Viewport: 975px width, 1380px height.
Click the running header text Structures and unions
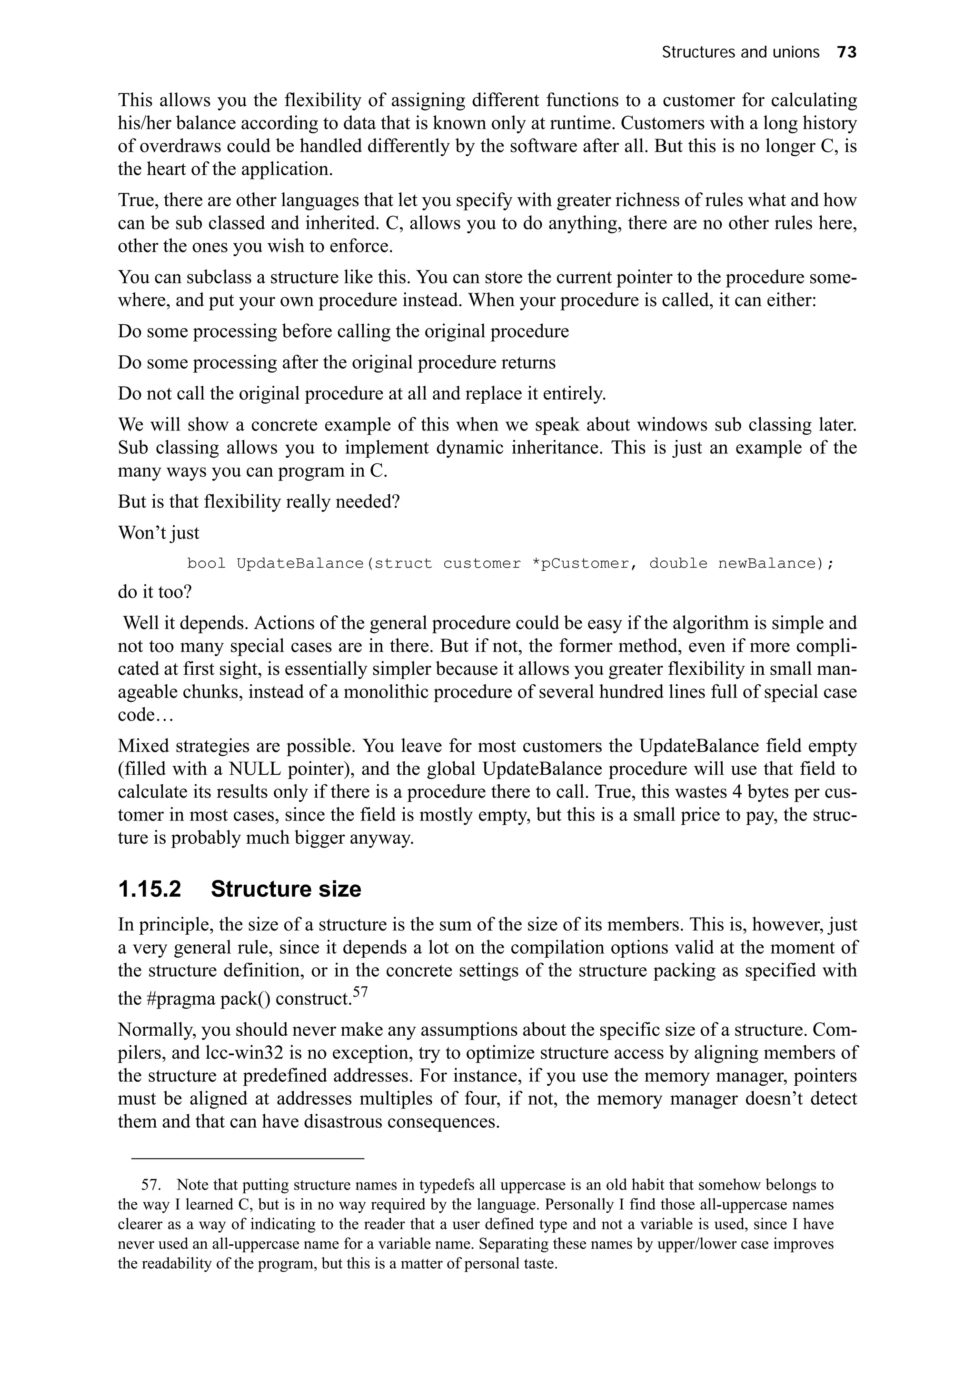(740, 53)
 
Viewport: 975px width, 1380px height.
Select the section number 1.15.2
(149, 889)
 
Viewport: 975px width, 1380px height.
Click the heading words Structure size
(286, 889)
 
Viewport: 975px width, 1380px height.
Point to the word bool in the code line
(206, 563)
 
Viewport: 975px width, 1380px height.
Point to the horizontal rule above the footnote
(248, 1158)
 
